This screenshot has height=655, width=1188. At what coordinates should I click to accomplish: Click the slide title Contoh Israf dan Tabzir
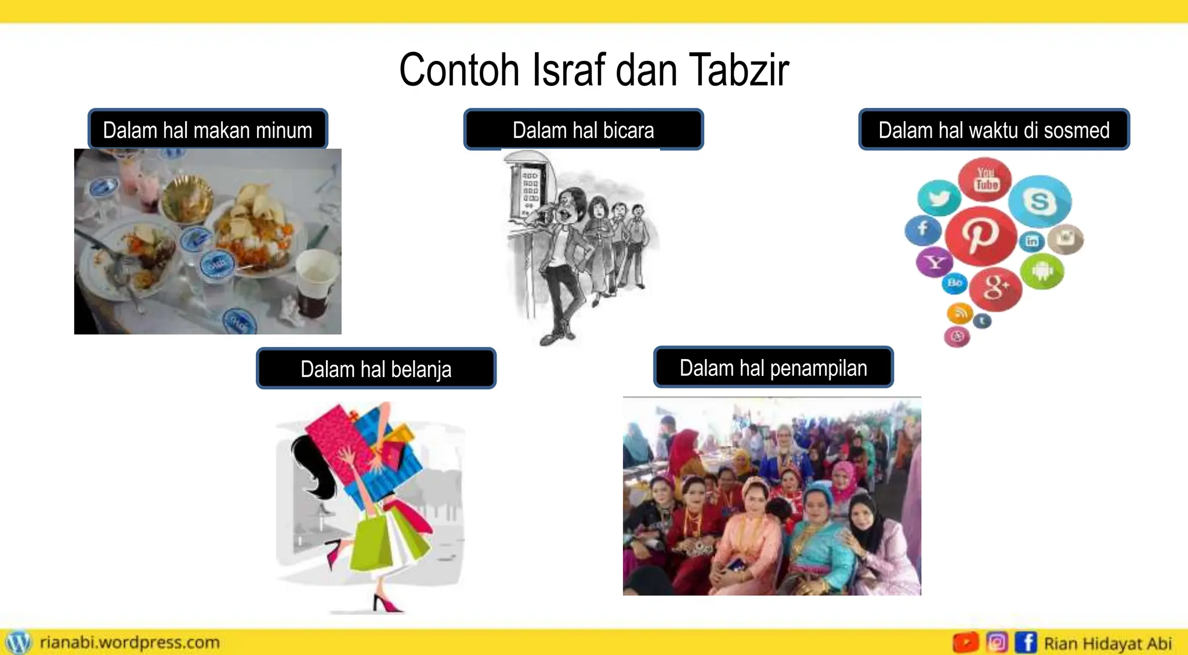(x=594, y=70)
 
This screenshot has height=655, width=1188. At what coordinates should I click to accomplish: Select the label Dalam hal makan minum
(x=208, y=130)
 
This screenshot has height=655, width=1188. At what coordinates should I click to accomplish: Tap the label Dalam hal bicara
(x=583, y=130)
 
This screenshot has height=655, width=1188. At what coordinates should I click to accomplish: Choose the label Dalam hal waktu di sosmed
(x=994, y=130)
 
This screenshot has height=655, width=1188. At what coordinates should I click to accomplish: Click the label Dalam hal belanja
(x=376, y=369)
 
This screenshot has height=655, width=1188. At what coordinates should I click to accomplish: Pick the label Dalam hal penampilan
(x=773, y=368)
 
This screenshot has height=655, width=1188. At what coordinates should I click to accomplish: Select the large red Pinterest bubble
(x=981, y=235)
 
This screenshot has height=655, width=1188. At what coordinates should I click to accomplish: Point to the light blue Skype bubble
(x=1039, y=201)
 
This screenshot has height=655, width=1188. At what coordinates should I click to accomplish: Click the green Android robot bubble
(x=1042, y=271)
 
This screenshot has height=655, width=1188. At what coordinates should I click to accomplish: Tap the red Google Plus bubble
(x=995, y=288)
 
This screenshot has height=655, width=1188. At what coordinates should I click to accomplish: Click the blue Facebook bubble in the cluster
(x=923, y=229)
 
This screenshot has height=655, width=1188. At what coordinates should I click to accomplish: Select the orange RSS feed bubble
(x=959, y=313)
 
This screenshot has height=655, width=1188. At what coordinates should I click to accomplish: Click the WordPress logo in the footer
(x=18, y=642)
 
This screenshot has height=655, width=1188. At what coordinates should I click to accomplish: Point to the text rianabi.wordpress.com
(x=130, y=642)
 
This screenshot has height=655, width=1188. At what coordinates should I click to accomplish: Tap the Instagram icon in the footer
(x=997, y=642)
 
